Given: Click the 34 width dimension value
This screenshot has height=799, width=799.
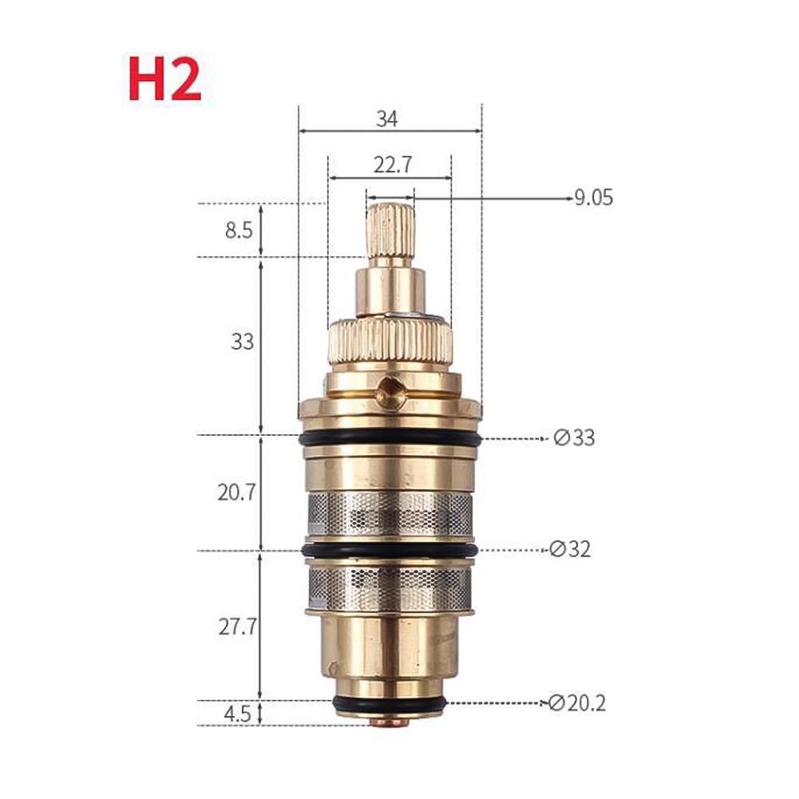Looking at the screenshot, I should tap(388, 120).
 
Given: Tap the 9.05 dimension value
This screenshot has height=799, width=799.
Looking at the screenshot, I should tap(594, 197).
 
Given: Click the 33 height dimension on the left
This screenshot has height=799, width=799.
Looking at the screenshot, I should tap(242, 342).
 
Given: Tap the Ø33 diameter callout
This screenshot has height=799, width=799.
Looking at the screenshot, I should tap(574, 438).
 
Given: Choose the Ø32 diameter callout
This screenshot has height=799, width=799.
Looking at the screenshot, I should tap(571, 549).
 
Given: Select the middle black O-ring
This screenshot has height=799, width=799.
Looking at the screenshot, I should tap(390, 551).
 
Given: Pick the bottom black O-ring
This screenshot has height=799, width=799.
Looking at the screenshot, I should tap(390, 703).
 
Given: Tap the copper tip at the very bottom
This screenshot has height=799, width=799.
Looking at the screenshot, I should tap(390, 722).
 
